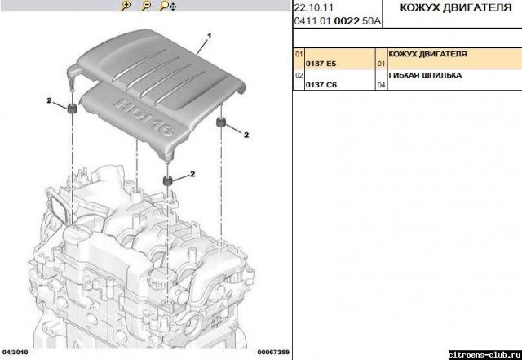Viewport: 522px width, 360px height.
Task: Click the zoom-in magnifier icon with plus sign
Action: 126,7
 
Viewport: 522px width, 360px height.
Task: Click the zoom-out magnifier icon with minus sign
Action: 146,7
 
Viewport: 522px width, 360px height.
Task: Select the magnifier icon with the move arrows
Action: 166,7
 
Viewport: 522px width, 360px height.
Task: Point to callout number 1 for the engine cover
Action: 210,37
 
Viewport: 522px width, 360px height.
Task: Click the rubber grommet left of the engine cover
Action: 72,109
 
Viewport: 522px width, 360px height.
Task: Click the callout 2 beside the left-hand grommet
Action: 50,100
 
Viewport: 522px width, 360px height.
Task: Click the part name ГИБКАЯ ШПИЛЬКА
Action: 426,74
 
